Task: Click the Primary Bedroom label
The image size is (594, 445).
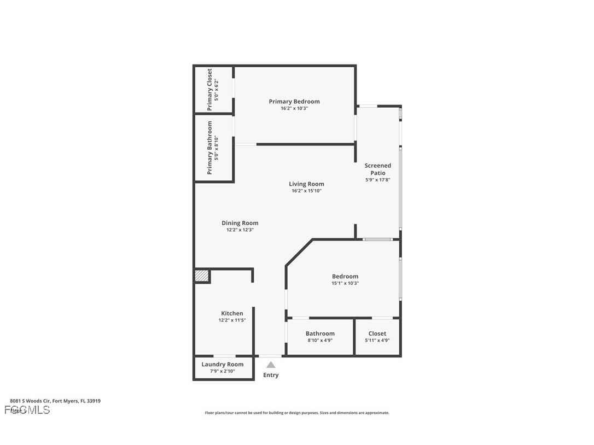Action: point(294,101)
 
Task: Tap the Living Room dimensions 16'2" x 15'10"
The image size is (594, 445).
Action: point(306,191)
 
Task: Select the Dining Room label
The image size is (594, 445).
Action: point(240,222)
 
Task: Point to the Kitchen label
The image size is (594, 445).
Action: point(232,313)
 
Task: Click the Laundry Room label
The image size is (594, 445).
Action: point(222,364)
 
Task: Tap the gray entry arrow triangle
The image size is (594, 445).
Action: point(271,365)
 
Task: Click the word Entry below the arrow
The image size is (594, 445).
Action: point(271,375)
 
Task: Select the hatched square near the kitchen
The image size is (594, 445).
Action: point(202,276)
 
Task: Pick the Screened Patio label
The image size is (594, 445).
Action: point(377,169)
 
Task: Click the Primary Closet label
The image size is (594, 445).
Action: point(209,90)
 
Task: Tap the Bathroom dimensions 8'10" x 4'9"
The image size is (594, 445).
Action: point(320,340)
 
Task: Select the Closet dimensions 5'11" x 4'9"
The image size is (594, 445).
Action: point(377,340)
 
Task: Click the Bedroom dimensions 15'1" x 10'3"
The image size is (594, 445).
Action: point(345,283)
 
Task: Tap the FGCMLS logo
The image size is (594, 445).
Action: point(27,410)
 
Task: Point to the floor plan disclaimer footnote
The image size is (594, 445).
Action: point(297,413)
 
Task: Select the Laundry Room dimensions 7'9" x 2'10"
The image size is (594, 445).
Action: point(222,371)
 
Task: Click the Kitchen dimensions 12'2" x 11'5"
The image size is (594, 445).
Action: point(232,320)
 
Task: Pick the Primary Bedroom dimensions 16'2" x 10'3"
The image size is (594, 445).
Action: point(294,108)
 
